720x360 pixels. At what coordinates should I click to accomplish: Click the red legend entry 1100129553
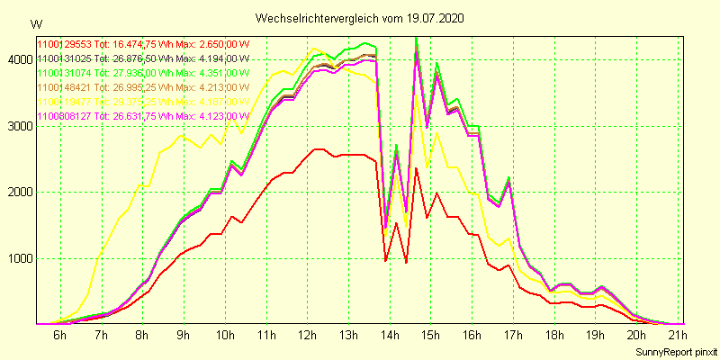coord(142,43)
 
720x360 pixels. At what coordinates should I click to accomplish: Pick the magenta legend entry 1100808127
coord(142,116)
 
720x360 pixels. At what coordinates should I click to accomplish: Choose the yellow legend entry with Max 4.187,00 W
coord(142,102)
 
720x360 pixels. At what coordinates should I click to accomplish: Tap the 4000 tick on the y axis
coord(17,59)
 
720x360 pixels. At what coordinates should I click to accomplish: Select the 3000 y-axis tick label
coord(17,126)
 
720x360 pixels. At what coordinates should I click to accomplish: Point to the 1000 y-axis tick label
coord(17,258)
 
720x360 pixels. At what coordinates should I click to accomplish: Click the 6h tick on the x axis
coord(59,335)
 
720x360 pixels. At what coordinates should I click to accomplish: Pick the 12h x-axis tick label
coord(308,335)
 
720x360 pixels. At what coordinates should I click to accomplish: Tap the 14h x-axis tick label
coord(391,335)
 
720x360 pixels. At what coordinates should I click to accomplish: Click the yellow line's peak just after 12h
coord(314,49)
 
